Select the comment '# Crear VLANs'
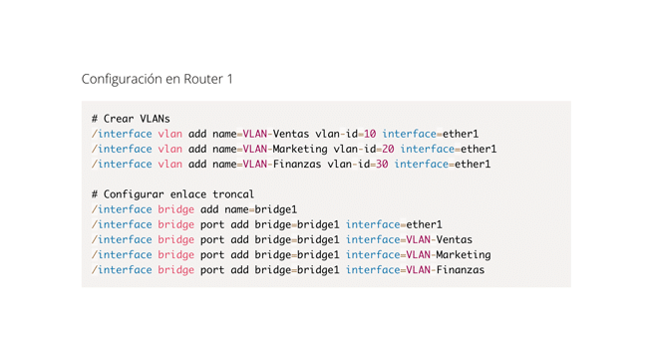131,119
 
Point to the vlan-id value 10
368,134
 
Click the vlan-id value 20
386,149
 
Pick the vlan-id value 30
380,164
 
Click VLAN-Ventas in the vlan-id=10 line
275,134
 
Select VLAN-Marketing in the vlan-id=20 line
284,149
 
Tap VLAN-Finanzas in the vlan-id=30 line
281,164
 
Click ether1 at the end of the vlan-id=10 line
461,134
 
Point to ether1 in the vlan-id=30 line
473,164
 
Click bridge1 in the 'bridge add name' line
277,209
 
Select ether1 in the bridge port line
424,224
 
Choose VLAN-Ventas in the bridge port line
439,239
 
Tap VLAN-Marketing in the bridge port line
448,254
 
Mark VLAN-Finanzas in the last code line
445,269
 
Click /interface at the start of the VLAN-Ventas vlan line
122,134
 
